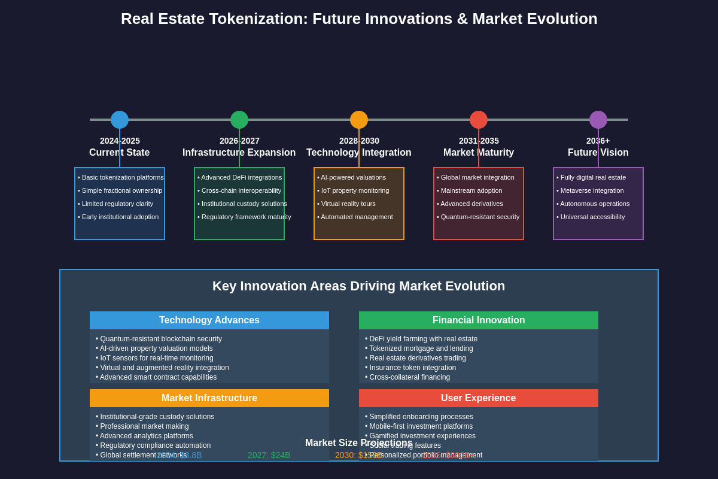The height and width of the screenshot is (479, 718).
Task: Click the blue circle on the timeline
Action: pos(120,120)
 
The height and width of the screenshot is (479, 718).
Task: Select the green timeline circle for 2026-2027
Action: pos(239,120)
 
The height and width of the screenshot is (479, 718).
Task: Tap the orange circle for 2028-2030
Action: pos(359,120)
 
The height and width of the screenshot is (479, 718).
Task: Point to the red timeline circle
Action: pos(479,120)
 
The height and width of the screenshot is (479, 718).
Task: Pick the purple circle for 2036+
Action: pos(598,120)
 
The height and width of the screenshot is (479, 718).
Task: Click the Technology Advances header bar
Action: pos(209,320)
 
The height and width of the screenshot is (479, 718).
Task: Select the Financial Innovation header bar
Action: pos(479,320)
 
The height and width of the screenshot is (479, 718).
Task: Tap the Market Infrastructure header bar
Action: pos(209,398)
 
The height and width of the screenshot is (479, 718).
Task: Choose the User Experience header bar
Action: pos(479,398)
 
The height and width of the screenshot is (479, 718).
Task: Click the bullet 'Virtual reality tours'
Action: pos(348,204)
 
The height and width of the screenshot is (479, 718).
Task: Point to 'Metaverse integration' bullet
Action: pos(592,190)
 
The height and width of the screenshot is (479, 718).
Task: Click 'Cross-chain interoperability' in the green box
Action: pos(241,190)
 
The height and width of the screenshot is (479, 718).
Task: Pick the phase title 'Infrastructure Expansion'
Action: pos(239,153)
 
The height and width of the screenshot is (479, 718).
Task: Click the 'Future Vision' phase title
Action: pos(598,153)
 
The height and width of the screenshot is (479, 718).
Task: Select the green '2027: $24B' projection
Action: pos(269,455)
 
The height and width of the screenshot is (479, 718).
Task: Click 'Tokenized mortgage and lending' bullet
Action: pos(421,348)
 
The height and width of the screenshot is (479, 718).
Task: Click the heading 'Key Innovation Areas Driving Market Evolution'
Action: pos(358,286)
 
